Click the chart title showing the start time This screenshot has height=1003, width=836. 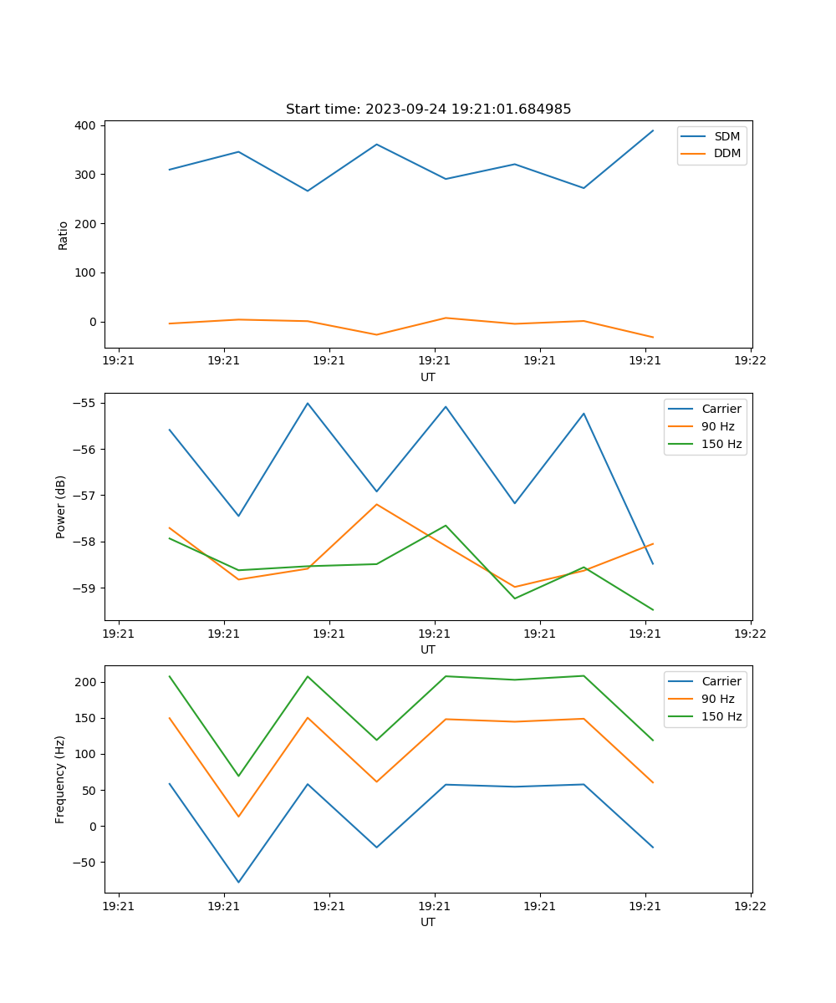point(428,109)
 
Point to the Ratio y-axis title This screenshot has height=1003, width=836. point(63,235)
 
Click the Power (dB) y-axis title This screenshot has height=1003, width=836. point(61,507)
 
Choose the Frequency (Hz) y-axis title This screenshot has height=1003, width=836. point(61,779)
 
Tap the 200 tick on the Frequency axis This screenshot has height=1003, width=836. point(88,682)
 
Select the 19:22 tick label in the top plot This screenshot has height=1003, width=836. point(750,361)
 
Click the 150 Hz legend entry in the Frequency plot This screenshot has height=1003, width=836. point(721,716)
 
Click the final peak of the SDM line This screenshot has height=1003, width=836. point(653,130)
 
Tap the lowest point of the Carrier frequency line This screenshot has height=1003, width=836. point(238,882)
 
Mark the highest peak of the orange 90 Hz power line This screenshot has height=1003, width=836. point(376,504)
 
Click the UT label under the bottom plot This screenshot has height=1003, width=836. point(428,922)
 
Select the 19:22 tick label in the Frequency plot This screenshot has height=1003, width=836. point(750,906)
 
